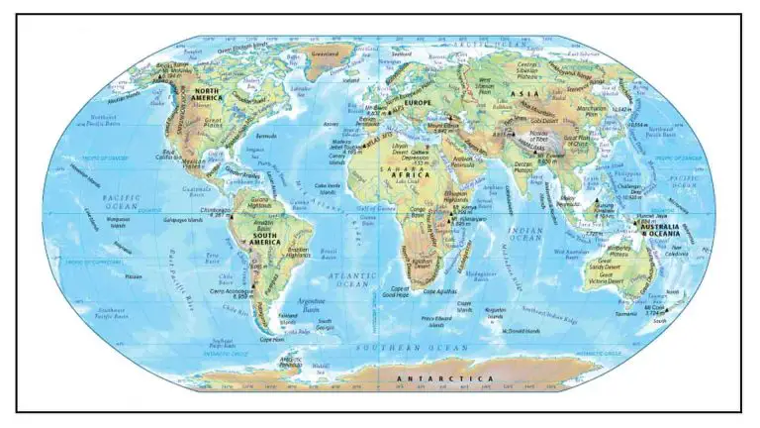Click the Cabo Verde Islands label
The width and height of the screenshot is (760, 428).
(327, 188)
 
